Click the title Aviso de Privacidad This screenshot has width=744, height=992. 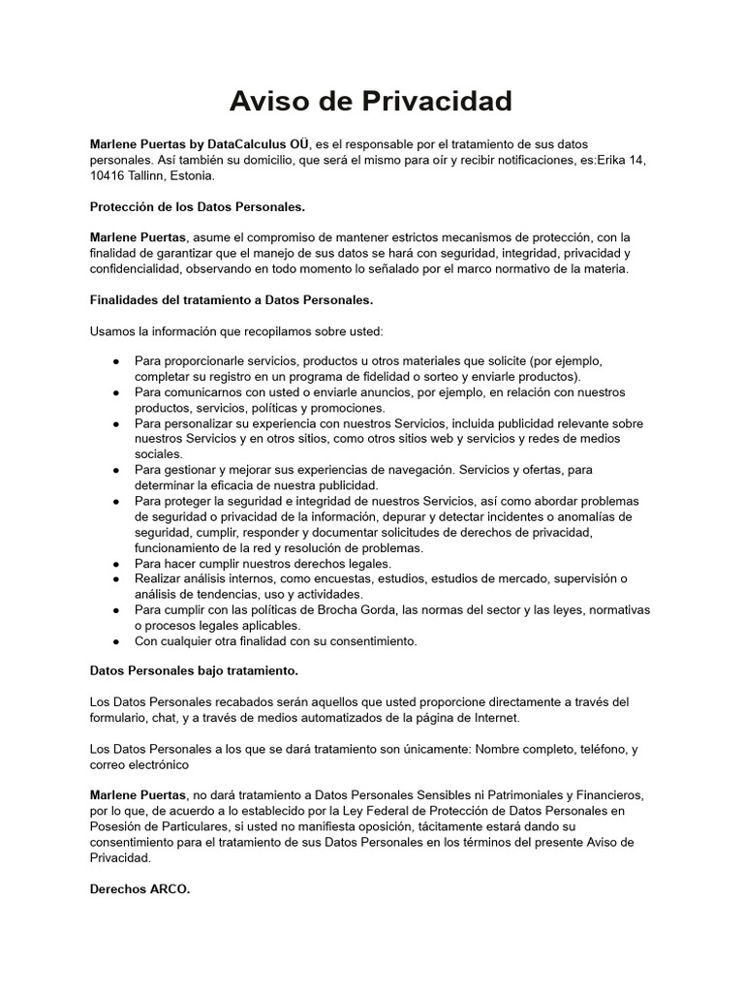pos(371,101)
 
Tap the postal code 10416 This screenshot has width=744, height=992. pos(108,176)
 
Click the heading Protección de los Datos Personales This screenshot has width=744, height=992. pos(197,206)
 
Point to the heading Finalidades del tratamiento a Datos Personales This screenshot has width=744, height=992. pos(231,300)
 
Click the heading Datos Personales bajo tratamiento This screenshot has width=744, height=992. pos(194,670)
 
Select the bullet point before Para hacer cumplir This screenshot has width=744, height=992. pos(116,563)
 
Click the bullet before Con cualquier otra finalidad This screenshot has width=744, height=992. pos(116,640)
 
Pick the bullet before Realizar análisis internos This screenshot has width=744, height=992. pos(116,578)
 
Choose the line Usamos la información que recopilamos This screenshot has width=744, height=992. pos(236,330)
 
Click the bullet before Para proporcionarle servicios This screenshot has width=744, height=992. pos(116,361)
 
